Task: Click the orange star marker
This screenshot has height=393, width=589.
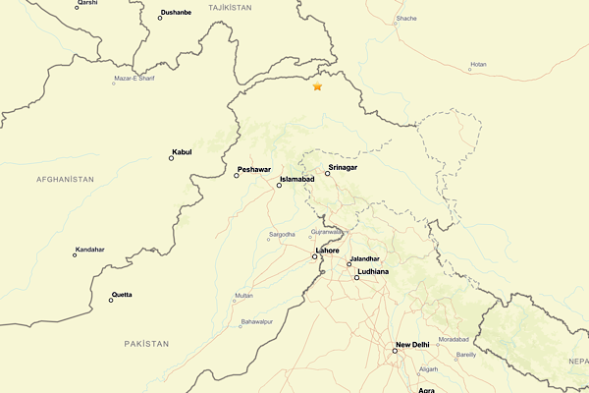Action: [x=317, y=87]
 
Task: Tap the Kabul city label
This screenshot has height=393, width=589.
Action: [x=182, y=152]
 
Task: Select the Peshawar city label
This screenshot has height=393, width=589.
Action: [x=253, y=170]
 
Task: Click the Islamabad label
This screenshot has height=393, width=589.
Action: [x=296, y=180]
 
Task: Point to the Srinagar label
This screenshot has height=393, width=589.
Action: [x=344, y=168]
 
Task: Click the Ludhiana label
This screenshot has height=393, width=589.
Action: [x=374, y=271]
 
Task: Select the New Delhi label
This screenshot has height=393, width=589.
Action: [x=412, y=345]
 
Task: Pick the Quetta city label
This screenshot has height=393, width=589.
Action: [x=122, y=295]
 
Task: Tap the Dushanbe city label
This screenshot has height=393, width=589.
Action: [x=176, y=13]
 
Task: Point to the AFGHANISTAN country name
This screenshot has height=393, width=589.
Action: [x=65, y=180]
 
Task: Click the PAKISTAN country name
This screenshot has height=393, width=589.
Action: [x=146, y=343]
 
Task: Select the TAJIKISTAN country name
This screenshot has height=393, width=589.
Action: [x=231, y=7]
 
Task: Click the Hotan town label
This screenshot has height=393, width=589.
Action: [x=478, y=65]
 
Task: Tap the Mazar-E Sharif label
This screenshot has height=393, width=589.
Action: [x=134, y=78]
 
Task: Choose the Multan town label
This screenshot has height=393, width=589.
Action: [x=243, y=295]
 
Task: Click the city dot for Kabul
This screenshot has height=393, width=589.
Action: [x=172, y=158]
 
